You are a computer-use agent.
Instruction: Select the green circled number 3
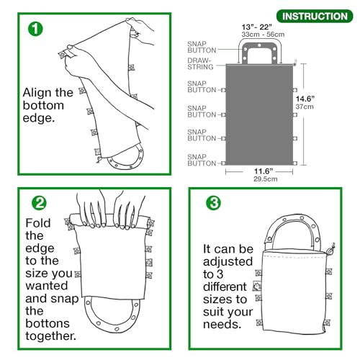point(214,204)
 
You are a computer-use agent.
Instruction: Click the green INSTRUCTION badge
point(315,16)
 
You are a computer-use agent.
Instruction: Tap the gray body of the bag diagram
point(259,115)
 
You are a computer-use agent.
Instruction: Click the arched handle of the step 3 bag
point(296,230)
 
